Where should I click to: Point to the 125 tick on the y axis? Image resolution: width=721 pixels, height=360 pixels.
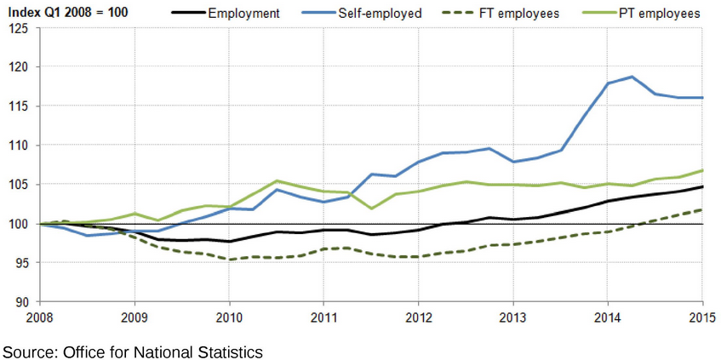pyautogui.click(x=19, y=28)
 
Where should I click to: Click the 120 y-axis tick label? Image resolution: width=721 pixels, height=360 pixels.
pyautogui.click(x=19, y=67)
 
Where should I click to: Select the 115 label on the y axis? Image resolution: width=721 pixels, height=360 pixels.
pyautogui.click(x=19, y=106)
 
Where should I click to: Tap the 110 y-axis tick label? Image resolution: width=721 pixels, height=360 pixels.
pyautogui.click(x=19, y=146)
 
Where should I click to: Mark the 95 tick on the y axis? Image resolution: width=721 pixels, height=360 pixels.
pyautogui.click(x=22, y=263)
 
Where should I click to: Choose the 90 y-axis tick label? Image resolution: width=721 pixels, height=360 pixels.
pyautogui.click(x=22, y=302)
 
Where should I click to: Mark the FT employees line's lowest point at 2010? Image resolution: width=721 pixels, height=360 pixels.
pyautogui.click(x=229, y=260)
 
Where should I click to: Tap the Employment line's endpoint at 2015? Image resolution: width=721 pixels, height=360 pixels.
pyautogui.click(x=702, y=186)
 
